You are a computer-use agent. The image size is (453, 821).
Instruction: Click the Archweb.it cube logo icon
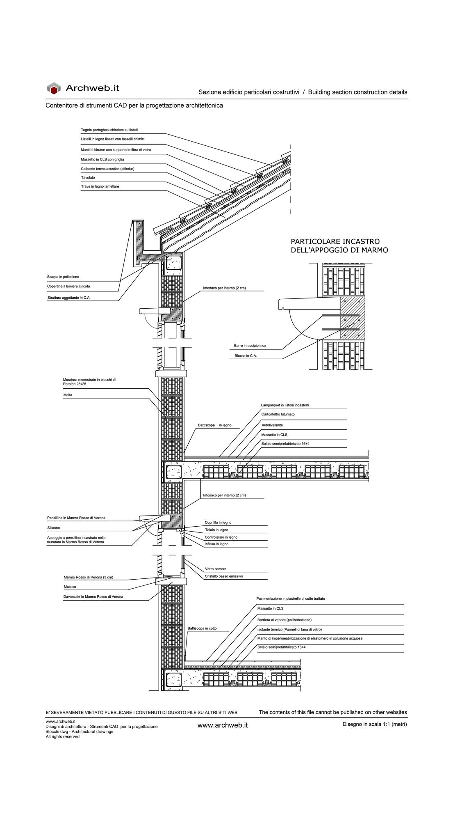click(54, 88)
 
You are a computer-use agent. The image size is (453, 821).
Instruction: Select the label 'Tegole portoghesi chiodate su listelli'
click(109, 130)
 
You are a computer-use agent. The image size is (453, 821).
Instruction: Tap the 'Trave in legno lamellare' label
click(100, 187)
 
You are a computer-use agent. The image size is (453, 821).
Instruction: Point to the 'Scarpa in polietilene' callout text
click(63, 277)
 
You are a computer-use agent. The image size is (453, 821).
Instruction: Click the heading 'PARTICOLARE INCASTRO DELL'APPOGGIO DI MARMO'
click(339, 245)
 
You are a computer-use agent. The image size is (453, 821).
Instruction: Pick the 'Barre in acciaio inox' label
click(250, 346)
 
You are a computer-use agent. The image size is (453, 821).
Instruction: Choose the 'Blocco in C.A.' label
click(246, 355)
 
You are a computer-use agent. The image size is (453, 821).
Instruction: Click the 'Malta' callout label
click(68, 395)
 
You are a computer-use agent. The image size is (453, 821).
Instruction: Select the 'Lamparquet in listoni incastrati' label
click(285, 405)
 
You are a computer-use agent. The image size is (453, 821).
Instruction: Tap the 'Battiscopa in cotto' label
click(202, 628)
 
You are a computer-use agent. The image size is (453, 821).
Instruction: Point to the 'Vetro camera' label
click(216, 569)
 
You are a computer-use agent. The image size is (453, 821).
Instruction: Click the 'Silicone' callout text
click(53, 528)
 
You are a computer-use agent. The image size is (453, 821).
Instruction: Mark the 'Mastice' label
click(70, 587)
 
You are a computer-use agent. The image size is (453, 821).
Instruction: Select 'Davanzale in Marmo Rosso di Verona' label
click(93, 597)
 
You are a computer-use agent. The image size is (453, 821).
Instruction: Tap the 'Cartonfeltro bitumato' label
click(278, 415)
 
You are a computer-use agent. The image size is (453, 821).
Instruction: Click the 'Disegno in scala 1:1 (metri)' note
click(375, 724)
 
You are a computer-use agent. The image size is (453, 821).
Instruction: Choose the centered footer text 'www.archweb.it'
click(223, 725)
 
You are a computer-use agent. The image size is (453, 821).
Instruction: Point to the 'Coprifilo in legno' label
click(218, 523)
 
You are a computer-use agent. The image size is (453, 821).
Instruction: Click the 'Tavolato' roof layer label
click(88, 178)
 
